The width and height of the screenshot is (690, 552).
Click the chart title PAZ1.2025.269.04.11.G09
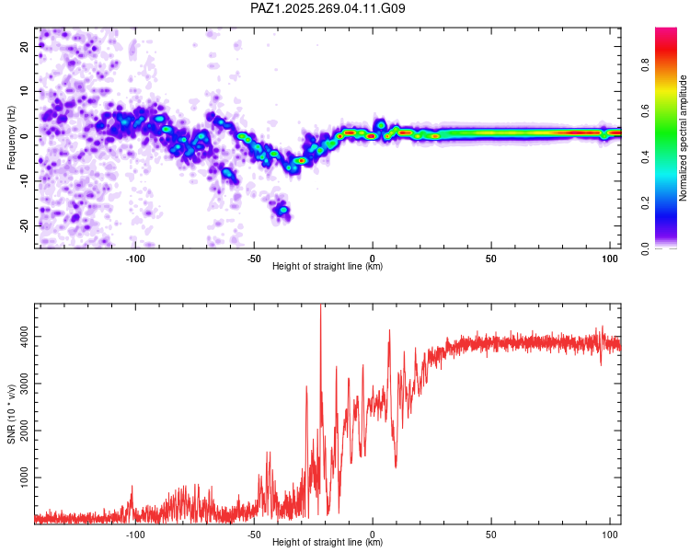pyautogui.click(x=328, y=8)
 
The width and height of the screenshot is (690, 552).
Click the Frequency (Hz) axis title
pyautogui.click(x=11, y=138)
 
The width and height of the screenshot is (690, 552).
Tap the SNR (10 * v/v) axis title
pyautogui.click(x=11, y=414)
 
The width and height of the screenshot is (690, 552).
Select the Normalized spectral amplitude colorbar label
pyautogui.click(x=683, y=138)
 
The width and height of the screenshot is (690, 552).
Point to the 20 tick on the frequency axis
pyautogui.click(x=24, y=46)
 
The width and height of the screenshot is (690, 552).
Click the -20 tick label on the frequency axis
pyautogui.click(x=24, y=225)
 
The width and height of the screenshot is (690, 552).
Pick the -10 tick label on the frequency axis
pyautogui.click(x=24, y=181)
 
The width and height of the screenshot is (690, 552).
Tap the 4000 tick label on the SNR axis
pyautogui.click(x=24, y=337)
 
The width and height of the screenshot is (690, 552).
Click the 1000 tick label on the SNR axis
pyautogui.click(x=24, y=477)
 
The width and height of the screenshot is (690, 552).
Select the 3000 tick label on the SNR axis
pyautogui.click(x=24, y=384)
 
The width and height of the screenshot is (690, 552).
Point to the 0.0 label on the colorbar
pyautogui.click(x=645, y=248)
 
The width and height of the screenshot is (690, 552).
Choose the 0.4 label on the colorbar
pyautogui.click(x=645, y=157)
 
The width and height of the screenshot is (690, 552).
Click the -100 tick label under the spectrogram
pyautogui.click(x=135, y=259)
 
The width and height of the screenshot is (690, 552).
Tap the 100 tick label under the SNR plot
pyautogui.click(x=609, y=535)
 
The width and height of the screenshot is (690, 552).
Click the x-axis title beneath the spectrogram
pyautogui.click(x=328, y=266)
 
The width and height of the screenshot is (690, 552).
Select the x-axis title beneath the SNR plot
pyautogui.click(x=328, y=542)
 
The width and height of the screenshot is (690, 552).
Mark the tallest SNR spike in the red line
pyautogui.click(x=320, y=305)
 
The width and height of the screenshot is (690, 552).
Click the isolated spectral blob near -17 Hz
pyautogui.click(x=282, y=211)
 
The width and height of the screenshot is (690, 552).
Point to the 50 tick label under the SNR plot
pyautogui.click(x=491, y=535)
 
